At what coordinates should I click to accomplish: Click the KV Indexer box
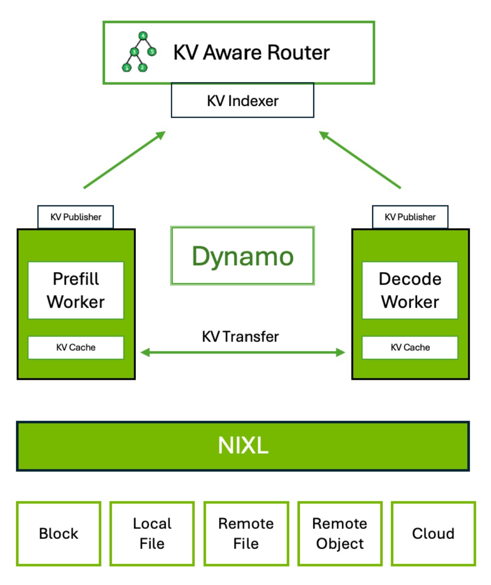[242, 100]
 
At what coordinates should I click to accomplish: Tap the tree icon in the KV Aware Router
[139, 52]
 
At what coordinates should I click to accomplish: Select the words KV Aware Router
[251, 53]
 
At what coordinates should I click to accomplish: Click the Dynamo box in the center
[242, 256]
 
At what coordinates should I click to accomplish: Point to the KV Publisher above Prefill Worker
[76, 217]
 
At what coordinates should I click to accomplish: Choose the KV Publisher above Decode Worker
[410, 217]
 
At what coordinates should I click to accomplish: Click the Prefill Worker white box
[76, 290]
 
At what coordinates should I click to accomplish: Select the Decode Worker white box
[410, 290]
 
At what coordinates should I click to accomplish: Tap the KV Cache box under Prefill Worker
[76, 347]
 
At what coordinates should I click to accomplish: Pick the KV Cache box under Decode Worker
[410, 347]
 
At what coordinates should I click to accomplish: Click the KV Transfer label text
[240, 336]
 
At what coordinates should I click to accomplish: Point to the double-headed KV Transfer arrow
[242, 353]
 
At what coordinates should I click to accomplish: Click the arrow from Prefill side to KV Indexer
[124, 160]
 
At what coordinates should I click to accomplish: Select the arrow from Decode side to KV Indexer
[360, 160]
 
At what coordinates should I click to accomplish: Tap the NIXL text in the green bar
[243, 445]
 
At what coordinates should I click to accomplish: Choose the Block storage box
[58, 533]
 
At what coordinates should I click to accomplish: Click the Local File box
[152, 533]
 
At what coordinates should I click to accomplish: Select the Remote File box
[246, 533]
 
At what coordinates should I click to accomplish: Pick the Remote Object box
[340, 533]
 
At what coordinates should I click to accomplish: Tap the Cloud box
[433, 533]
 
